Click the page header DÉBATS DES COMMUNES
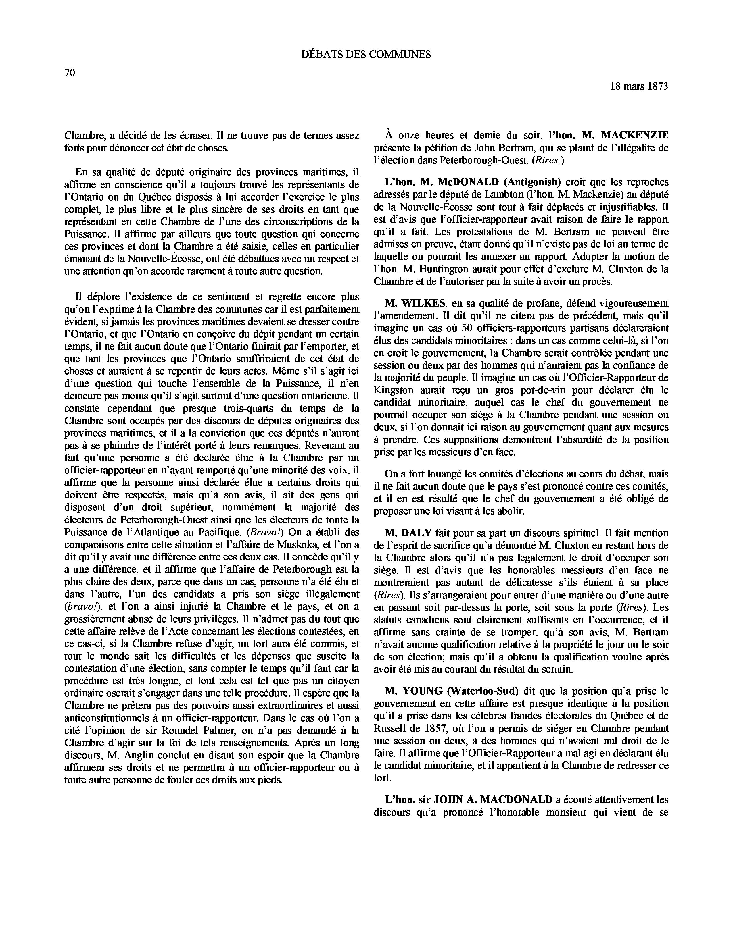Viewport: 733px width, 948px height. click(366, 54)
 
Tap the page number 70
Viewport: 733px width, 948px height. click(70, 73)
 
